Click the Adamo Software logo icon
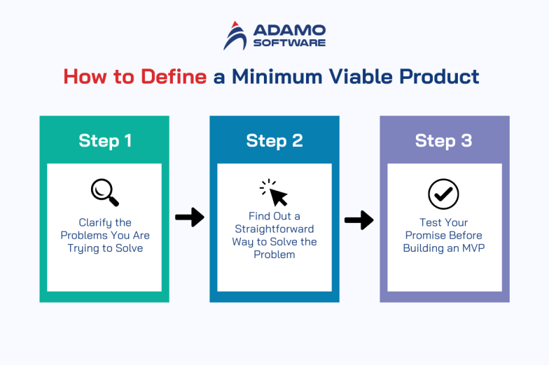coord(235,36)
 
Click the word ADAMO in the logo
coord(289,30)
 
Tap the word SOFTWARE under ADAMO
coord(289,43)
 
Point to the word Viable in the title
coord(367,76)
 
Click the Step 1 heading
coord(104,141)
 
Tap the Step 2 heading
coord(274,141)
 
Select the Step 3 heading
coord(444,141)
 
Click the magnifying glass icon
coord(105,193)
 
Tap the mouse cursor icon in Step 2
coord(274,192)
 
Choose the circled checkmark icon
coord(443,194)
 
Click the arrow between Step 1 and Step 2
coord(189,217)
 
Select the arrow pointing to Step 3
coord(359,221)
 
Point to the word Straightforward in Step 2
coord(274,229)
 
